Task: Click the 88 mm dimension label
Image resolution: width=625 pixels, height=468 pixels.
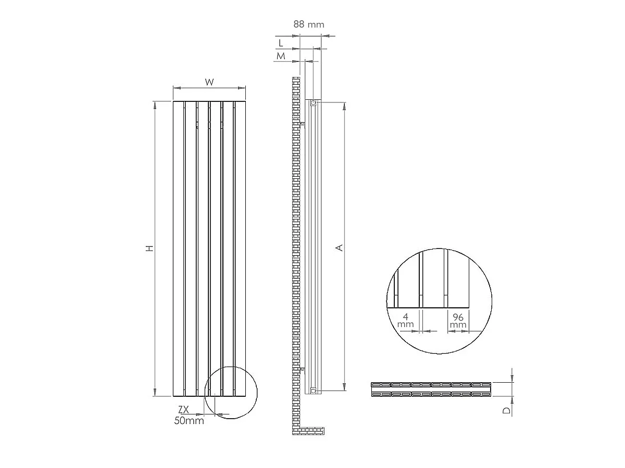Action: [x=309, y=24]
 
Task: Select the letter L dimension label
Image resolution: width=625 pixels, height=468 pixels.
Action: [x=281, y=43]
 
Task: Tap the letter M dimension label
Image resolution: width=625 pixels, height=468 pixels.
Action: [x=281, y=56]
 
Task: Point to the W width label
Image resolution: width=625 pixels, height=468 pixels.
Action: [x=209, y=82]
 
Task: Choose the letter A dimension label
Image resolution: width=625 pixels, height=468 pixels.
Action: [x=340, y=248]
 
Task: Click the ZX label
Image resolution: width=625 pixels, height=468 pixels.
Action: [x=183, y=409]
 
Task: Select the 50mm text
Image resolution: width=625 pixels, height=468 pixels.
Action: [x=189, y=421]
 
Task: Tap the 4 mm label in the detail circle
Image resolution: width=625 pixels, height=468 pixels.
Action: [x=405, y=320]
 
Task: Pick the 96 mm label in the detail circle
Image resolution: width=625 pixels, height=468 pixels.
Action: [x=458, y=320]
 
